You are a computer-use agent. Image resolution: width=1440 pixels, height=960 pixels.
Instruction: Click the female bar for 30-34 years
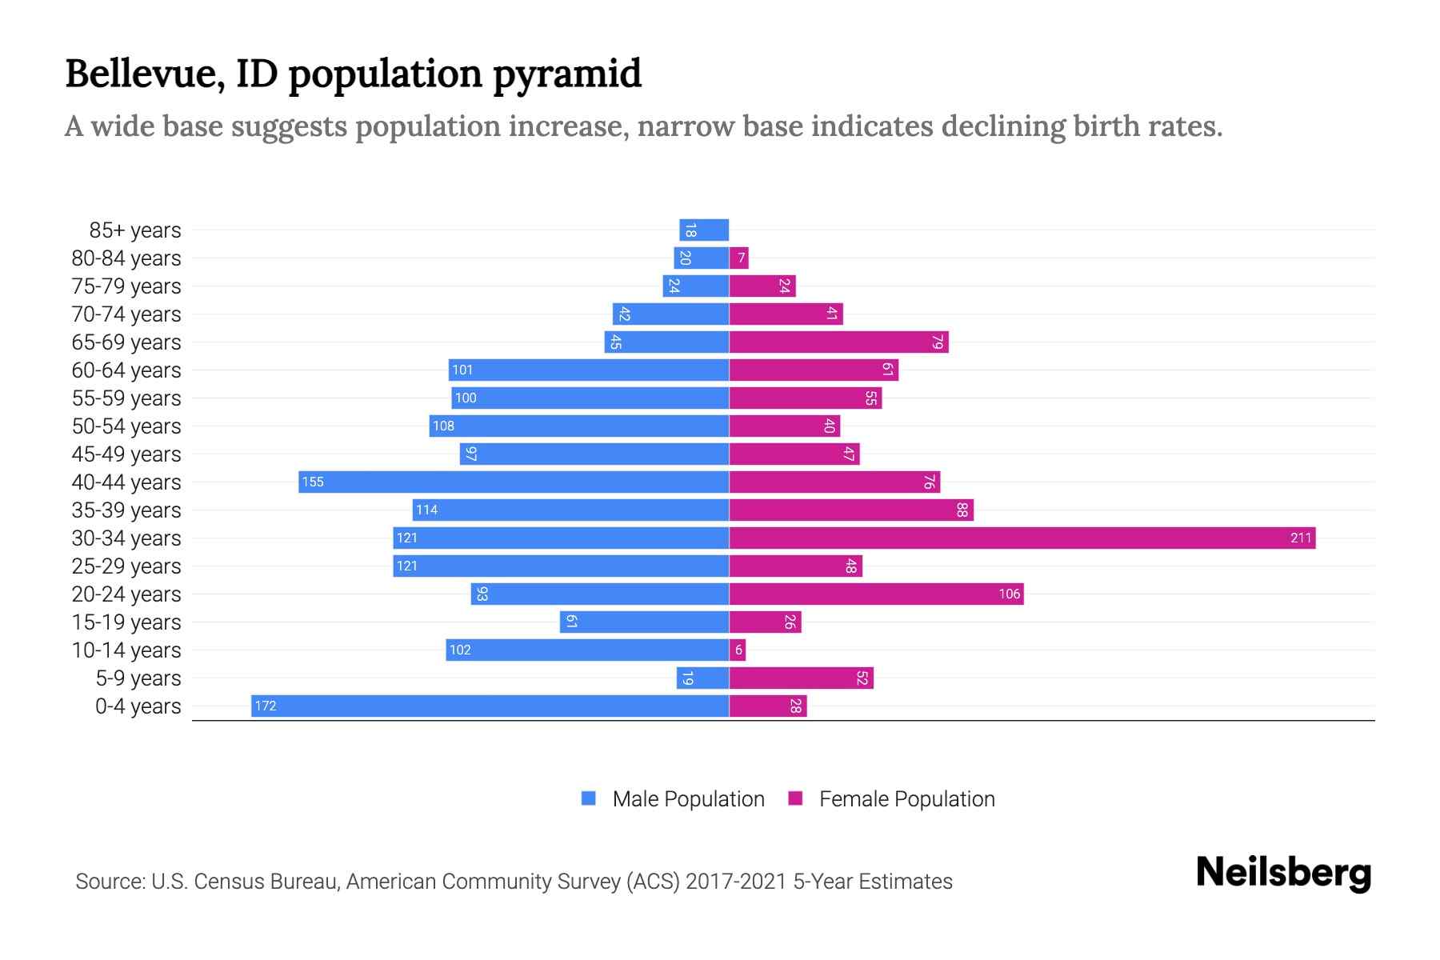(1022, 538)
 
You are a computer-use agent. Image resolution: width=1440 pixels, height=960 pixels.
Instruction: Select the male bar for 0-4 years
(490, 706)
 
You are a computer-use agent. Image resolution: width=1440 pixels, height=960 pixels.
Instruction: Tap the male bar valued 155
(514, 482)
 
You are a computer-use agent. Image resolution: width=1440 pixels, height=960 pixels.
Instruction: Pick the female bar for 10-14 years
(738, 650)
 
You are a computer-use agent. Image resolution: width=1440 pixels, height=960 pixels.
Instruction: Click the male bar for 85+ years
(704, 230)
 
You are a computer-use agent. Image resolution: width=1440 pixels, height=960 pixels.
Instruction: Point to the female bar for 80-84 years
(739, 258)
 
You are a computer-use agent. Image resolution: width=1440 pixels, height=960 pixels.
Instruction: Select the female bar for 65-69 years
(838, 342)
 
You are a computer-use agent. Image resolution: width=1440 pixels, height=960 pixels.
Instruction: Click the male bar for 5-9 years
(702, 678)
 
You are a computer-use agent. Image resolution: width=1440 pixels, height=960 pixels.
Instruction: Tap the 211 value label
(1301, 538)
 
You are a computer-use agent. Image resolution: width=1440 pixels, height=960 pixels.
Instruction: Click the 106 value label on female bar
(1009, 594)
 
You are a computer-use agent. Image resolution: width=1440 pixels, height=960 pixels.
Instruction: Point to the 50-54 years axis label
(126, 426)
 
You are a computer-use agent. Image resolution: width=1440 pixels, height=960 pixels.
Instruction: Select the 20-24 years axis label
(126, 594)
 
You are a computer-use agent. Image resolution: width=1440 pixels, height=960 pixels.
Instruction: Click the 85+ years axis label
(135, 230)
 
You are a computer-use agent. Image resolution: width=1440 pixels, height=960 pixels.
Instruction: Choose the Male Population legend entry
(688, 798)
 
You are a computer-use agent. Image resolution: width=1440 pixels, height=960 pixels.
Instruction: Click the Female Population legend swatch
(795, 798)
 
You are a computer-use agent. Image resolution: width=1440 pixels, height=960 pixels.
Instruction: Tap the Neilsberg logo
(1283, 873)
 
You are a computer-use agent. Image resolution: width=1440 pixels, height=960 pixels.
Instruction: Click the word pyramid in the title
(566, 74)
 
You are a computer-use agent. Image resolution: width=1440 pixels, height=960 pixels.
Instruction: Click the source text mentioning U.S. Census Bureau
(514, 882)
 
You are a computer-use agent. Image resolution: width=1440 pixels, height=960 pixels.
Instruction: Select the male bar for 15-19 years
(644, 622)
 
